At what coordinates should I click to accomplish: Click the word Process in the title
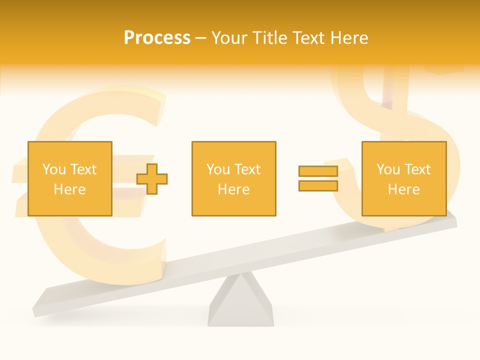[157, 38]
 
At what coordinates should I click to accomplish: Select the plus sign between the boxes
[152, 178]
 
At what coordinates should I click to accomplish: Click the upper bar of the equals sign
[318, 171]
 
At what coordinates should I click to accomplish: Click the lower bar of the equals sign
[318, 185]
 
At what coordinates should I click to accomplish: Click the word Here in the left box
[69, 189]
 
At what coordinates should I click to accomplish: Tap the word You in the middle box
[218, 169]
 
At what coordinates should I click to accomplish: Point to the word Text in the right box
[417, 169]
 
